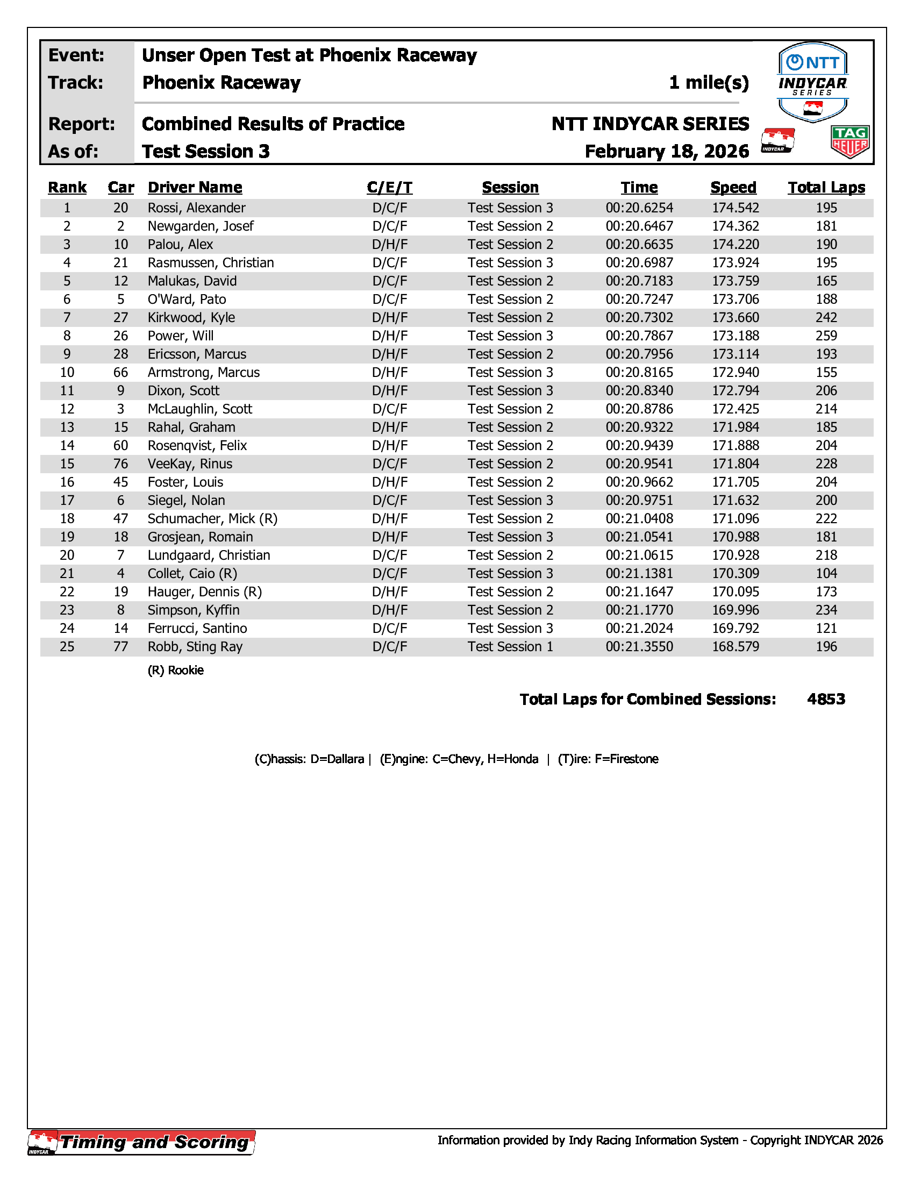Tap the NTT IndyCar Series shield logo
[x=812, y=81]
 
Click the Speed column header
[x=733, y=188]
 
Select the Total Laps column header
[x=826, y=188]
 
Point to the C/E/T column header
[x=389, y=188]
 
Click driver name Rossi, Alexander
[x=197, y=208]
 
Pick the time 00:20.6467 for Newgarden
[x=639, y=226]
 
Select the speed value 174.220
[x=736, y=245]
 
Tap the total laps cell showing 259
[x=826, y=336]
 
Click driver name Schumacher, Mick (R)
[x=212, y=519]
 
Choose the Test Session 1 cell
[x=510, y=647]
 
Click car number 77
[x=121, y=647]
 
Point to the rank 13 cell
[x=67, y=427]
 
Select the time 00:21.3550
[x=639, y=647]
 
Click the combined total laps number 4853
[x=826, y=699]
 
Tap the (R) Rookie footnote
[x=175, y=671]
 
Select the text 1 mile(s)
[x=709, y=83]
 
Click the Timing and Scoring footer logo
[x=142, y=1142]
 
